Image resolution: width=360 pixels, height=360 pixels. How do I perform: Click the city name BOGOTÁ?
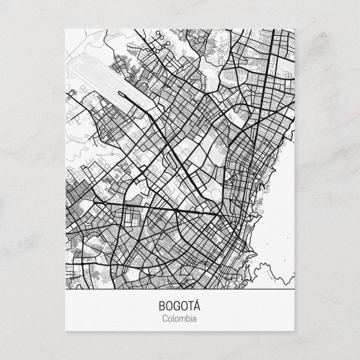[x=180, y=306]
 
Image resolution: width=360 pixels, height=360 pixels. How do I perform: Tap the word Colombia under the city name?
[x=180, y=319]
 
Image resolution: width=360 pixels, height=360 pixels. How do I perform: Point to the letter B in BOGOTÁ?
[x=163, y=306]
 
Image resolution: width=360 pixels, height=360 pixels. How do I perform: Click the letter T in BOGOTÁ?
[x=190, y=306]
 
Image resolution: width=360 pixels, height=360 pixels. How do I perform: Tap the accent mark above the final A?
[x=197, y=301]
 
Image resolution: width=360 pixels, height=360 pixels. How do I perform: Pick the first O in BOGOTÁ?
[x=170, y=306]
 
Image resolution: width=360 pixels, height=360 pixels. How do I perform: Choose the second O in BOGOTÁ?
[x=184, y=306]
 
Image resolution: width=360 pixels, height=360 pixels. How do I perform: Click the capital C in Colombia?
[x=165, y=319]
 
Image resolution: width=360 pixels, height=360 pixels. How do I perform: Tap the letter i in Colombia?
[x=188, y=319]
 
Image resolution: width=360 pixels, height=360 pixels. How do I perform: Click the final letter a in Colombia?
[x=193, y=319]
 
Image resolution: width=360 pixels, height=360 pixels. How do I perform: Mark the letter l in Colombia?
[x=173, y=319]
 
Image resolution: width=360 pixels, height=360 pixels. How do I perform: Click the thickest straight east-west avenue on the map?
[x=168, y=209]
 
